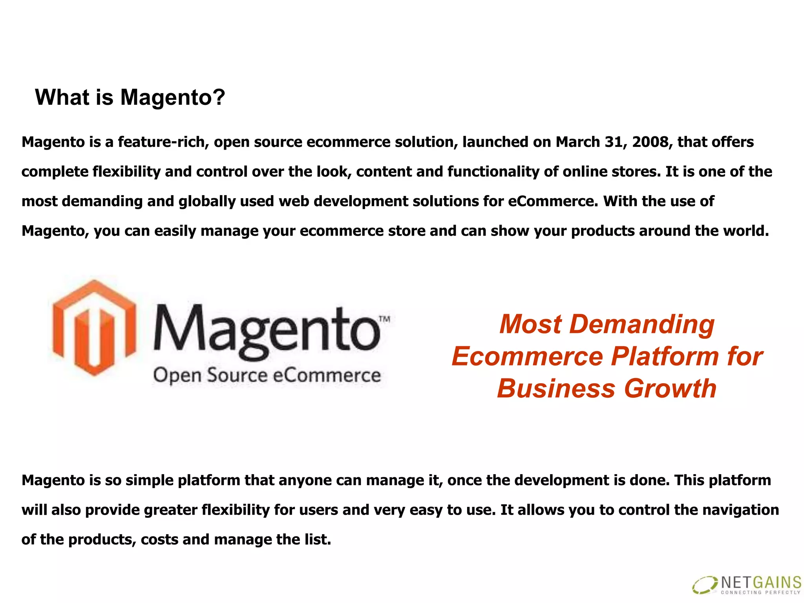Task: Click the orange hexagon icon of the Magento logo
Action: pyautogui.click(x=94, y=328)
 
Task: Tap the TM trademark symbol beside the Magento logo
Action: pyautogui.click(x=385, y=319)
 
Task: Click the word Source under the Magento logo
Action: pyautogui.click(x=237, y=375)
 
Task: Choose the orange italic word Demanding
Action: pyautogui.click(x=641, y=324)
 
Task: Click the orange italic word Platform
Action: pyautogui.click(x=665, y=356)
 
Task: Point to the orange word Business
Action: pyautogui.click(x=556, y=389)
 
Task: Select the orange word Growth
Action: pyautogui.click(x=671, y=389)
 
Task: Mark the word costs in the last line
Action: pyautogui.click(x=159, y=540)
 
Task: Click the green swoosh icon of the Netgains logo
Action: pyautogui.click(x=705, y=585)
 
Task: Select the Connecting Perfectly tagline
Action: pyautogui.click(x=760, y=592)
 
